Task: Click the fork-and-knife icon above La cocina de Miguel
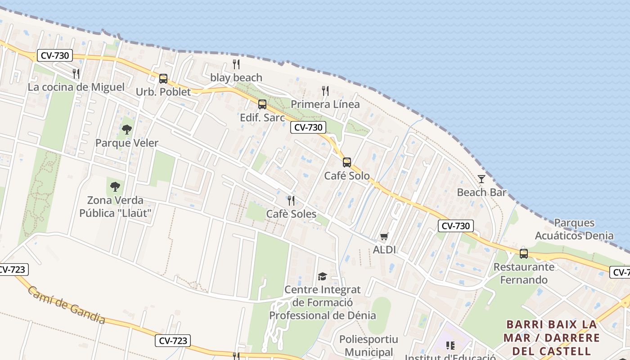click(x=76, y=73)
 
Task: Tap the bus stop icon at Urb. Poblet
click(x=163, y=79)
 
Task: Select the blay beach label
click(x=236, y=78)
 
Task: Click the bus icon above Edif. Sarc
click(x=262, y=104)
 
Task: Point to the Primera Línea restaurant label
click(x=325, y=104)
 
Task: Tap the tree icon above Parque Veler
click(x=127, y=130)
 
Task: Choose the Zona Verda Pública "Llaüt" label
click(x=115, y=207)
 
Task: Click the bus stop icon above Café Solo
click(x=347, y=162)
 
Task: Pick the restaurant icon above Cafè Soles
click(x=291, y=200)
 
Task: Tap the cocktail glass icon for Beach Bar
click(x=481, y=179)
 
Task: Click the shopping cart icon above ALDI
click(x=384, y=236)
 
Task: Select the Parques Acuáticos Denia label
click(x=574, y=229)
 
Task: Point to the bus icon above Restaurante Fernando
click(x=524, y=253)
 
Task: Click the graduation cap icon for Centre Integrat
click(x=322, y=276)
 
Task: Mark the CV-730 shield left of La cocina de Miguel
click(x=55, y=56)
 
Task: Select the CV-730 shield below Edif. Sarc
click(x=308, y=127)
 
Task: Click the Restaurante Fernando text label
click(x=524, y=273)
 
